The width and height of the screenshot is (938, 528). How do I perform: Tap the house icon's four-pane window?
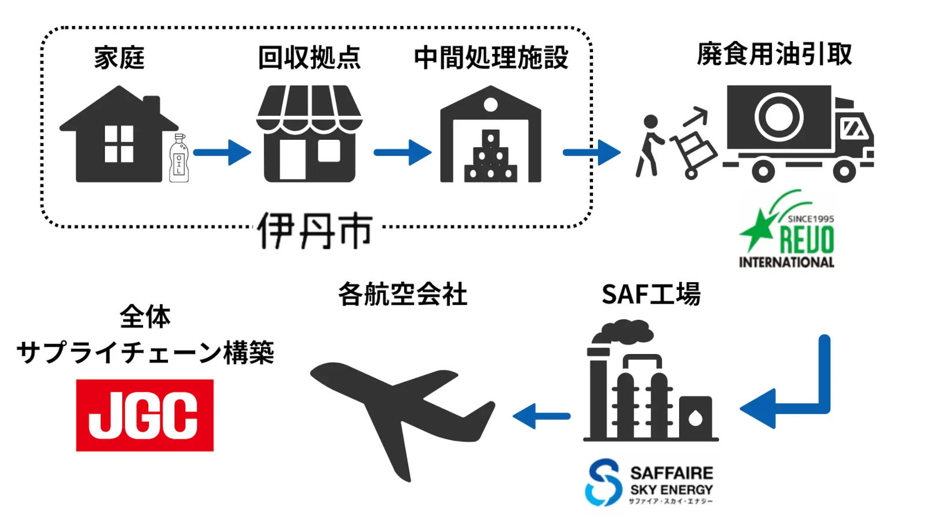(x=119, y=144)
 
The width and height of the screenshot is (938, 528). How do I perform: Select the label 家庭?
(x=119, y=58)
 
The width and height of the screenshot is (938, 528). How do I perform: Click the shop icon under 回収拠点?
(x=309, y=134)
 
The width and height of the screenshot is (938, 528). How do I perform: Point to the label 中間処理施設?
(x=491, y=58)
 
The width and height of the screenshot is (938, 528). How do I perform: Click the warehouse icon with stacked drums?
(x=491, y=134)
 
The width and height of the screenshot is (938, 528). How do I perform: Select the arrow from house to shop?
(x=222, y=152)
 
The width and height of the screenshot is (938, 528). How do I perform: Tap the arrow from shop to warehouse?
(x=402, y=152)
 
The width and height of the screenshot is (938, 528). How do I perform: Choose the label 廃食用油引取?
(x=774, y=54)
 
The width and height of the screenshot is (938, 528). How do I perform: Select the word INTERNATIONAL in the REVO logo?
(x=786, y=263)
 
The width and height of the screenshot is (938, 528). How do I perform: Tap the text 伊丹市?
(x=315, y=231)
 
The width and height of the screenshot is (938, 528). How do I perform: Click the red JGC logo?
(x=145, y=416)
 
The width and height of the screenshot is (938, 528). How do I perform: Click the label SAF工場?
(x=651, y=294)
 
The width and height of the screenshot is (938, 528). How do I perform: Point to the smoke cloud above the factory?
(x=623, y=333)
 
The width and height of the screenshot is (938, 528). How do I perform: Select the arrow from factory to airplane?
(x=541, y=416)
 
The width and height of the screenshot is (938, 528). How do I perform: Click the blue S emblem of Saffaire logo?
(x=603, y=482)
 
